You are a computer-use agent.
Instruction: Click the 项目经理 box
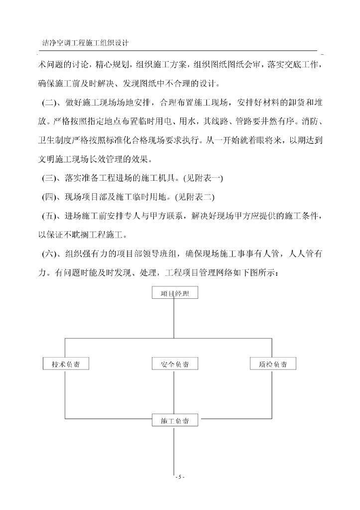pos(174,293)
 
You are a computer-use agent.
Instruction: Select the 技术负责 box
pos(66,364)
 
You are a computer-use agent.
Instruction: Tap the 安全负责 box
pos(174,364)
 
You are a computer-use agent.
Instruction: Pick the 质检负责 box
pos(272,364)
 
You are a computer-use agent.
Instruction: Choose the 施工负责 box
pos(174,420)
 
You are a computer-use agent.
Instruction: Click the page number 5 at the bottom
pos(180,477)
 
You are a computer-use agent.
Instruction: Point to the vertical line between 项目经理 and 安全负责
pos(173,319)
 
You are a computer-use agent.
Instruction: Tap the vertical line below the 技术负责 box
pos(65,393)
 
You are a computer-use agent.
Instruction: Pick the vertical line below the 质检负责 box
pos(272,393)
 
